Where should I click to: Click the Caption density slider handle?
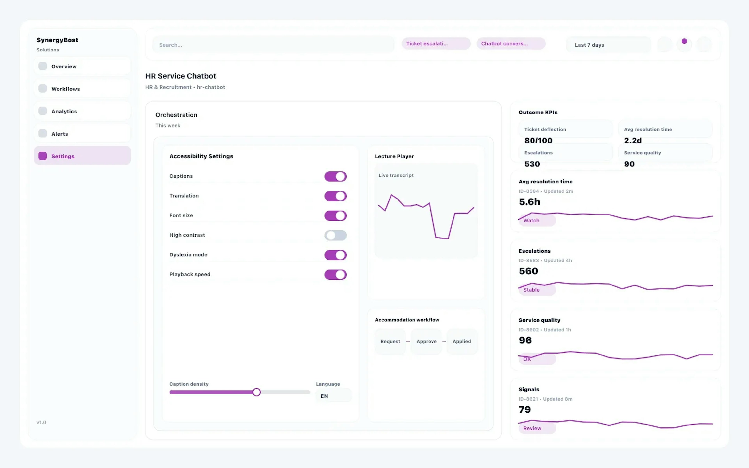click(256, 392)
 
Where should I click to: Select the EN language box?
click(333, 396)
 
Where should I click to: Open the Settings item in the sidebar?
click(82, 156)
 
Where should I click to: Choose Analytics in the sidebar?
click(82, 111)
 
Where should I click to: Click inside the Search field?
click(273, 45)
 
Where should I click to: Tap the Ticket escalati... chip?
click(436, 44)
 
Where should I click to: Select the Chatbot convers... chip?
click(511, 44)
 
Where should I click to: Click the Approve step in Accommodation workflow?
click(426, 341)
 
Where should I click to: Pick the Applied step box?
click(461, 341)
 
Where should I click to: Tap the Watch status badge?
click(537, 220)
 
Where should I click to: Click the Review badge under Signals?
click(537, 428)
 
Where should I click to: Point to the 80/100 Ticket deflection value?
click(538, 141)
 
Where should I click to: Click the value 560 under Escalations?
click(528, 271)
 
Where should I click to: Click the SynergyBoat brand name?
click(57, 40)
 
